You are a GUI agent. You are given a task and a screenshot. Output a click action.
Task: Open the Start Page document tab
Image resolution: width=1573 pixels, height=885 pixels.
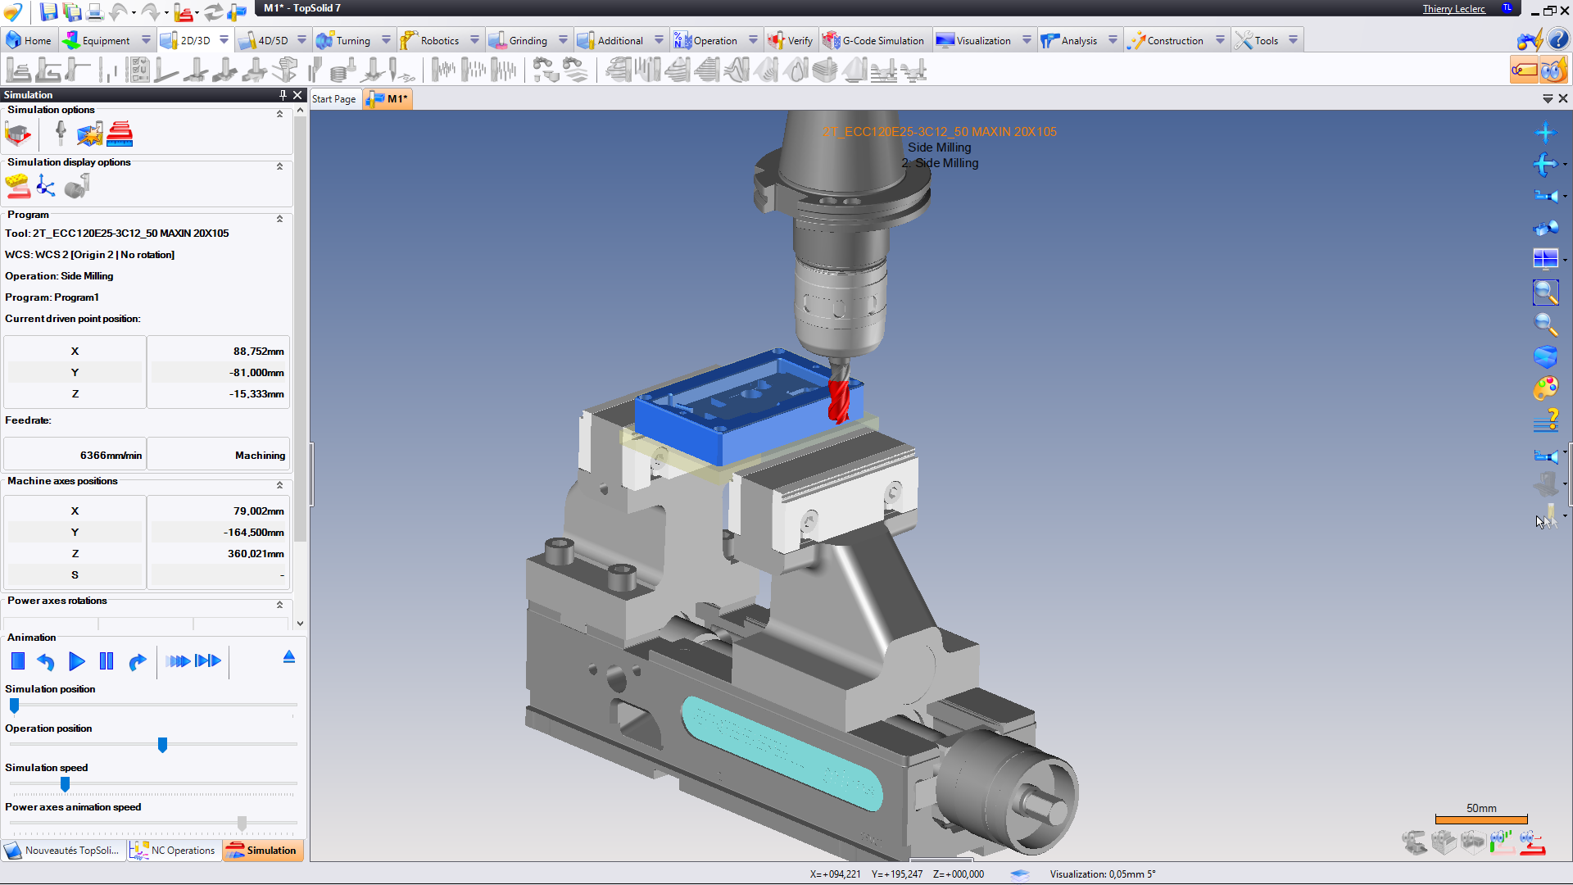click(x=333, y=99)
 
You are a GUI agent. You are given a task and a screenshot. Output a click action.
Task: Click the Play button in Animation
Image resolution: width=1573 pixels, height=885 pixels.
click(x=76, y=661)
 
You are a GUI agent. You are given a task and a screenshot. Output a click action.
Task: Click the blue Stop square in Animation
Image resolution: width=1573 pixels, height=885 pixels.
click(x=18, y=661)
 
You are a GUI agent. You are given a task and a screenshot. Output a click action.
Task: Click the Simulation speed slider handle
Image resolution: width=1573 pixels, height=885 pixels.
click(x=65, y=784)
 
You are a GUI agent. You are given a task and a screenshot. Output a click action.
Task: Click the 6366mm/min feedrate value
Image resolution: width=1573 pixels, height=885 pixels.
click(x=111, y=456)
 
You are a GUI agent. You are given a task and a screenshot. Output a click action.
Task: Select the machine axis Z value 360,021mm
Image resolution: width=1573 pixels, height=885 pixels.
click(x=256, y=554)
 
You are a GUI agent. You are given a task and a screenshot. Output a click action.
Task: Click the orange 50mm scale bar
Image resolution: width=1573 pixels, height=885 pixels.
click(x=1481, y=819)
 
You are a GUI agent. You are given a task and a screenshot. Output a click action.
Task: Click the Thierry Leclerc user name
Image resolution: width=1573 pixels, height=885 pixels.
click(x=1453, y=9)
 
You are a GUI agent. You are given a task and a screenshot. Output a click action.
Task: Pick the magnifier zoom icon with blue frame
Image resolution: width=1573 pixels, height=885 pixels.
click(x=1545, y=292)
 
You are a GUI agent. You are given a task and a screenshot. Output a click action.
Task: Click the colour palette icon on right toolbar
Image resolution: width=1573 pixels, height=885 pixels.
click(x=1545, y=388)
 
